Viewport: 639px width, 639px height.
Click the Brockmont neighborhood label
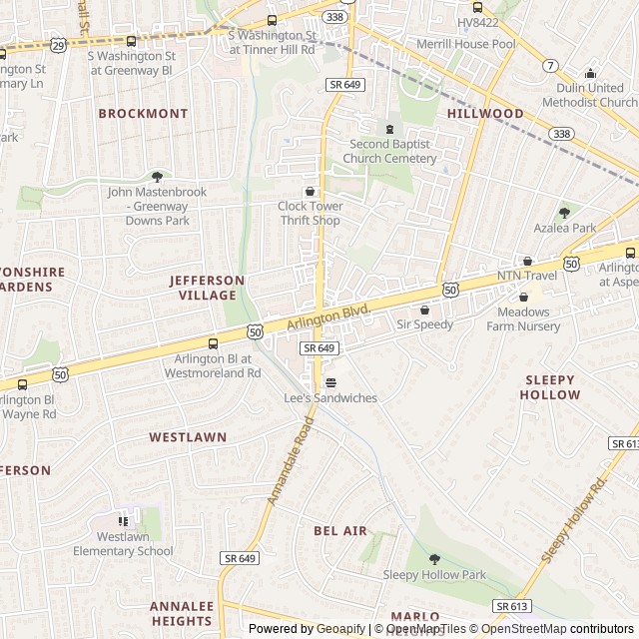[x=143, y=114]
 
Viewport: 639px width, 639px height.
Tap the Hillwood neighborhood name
[x=485, y=114]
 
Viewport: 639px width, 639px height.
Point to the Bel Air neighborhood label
[x=340, y=531]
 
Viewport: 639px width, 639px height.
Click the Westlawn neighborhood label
[x=188, y=437]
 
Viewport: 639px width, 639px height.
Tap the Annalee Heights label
[x=182, y=613]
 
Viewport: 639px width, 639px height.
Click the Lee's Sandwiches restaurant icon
[x=330, y=382]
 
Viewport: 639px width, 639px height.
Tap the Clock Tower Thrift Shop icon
[x=310, y=192]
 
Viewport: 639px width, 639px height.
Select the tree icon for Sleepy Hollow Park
[x=433, y=559]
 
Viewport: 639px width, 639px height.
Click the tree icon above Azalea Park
[x=564, y=212]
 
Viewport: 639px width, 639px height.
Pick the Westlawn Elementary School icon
[x=123, y=520]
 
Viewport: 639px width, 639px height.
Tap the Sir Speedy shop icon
[x=425, y=310]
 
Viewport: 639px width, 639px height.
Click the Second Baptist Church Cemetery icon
[x=389, y=129]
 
